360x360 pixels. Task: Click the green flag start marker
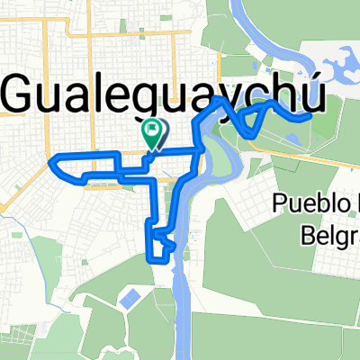tap(153, 132)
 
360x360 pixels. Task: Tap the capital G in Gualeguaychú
tap(24, 93)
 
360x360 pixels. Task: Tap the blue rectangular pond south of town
tap(131, 296)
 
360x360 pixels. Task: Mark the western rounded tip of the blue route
tap(53, 162)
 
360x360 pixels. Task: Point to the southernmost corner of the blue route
tap(149, 257)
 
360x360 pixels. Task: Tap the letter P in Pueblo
tap(282, 205)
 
